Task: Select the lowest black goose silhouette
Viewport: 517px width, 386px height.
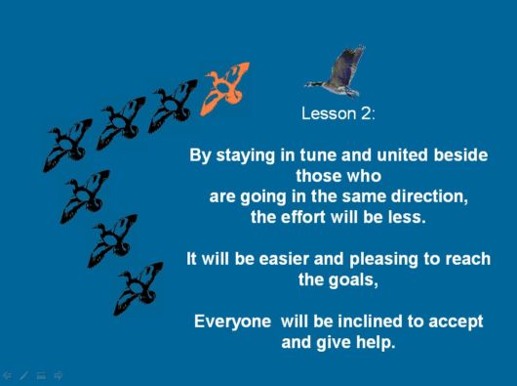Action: point(138,287)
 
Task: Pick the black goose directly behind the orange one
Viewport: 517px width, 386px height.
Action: point(174,103)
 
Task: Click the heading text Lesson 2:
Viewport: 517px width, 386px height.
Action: point(338,113)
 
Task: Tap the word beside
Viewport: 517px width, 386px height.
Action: point(460,155)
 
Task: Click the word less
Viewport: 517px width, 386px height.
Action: point(408,217)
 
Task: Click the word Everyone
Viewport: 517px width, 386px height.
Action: point(232,322)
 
